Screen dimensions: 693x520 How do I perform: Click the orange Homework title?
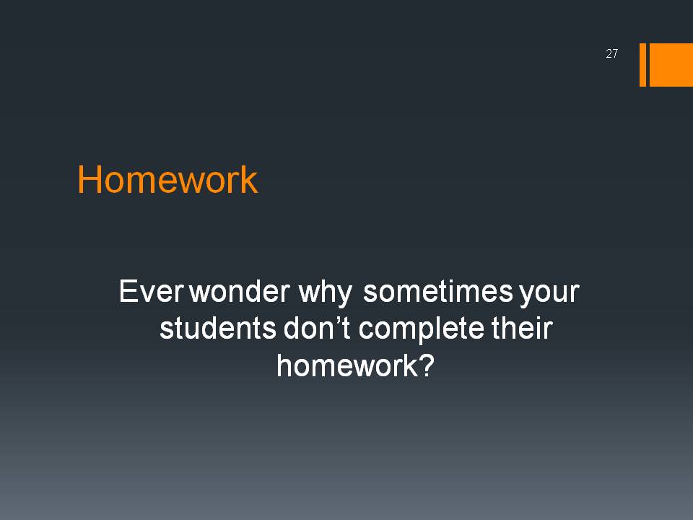pyautogui.click(x=167, y=180)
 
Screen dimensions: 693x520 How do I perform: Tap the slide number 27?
pyautogui.click(x=611, y=53)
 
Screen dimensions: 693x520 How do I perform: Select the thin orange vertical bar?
pyautogui.click(x=642, y=64)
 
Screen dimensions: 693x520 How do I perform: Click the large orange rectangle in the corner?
pyautogui.click(x=671, y=64)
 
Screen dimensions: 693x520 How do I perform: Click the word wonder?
pyautogui.click(x=240, y=291)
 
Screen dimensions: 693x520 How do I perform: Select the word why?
pyautogui.click(x=326, y=294)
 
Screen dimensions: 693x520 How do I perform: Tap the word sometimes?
pyautogui.click(x=438, y=291)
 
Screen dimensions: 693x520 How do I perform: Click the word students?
pyautogui.click(x=218, y=329)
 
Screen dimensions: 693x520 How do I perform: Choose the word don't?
pyautogui.click(x=317, y=329)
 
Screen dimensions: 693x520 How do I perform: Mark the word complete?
pyautogui.click(x=421, y=331)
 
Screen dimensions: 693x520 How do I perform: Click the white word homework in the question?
pyautogui.click(x=347, y=365)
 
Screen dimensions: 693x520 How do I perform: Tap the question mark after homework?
pyautogui.click(x=427, y=365)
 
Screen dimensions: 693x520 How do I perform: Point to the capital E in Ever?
pyautogui.click(x=128, y=291)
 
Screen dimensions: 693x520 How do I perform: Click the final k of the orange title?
pyautogui.click(x=250, y=179)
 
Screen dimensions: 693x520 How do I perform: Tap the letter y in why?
pyautogui.click(x=345, y=296)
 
